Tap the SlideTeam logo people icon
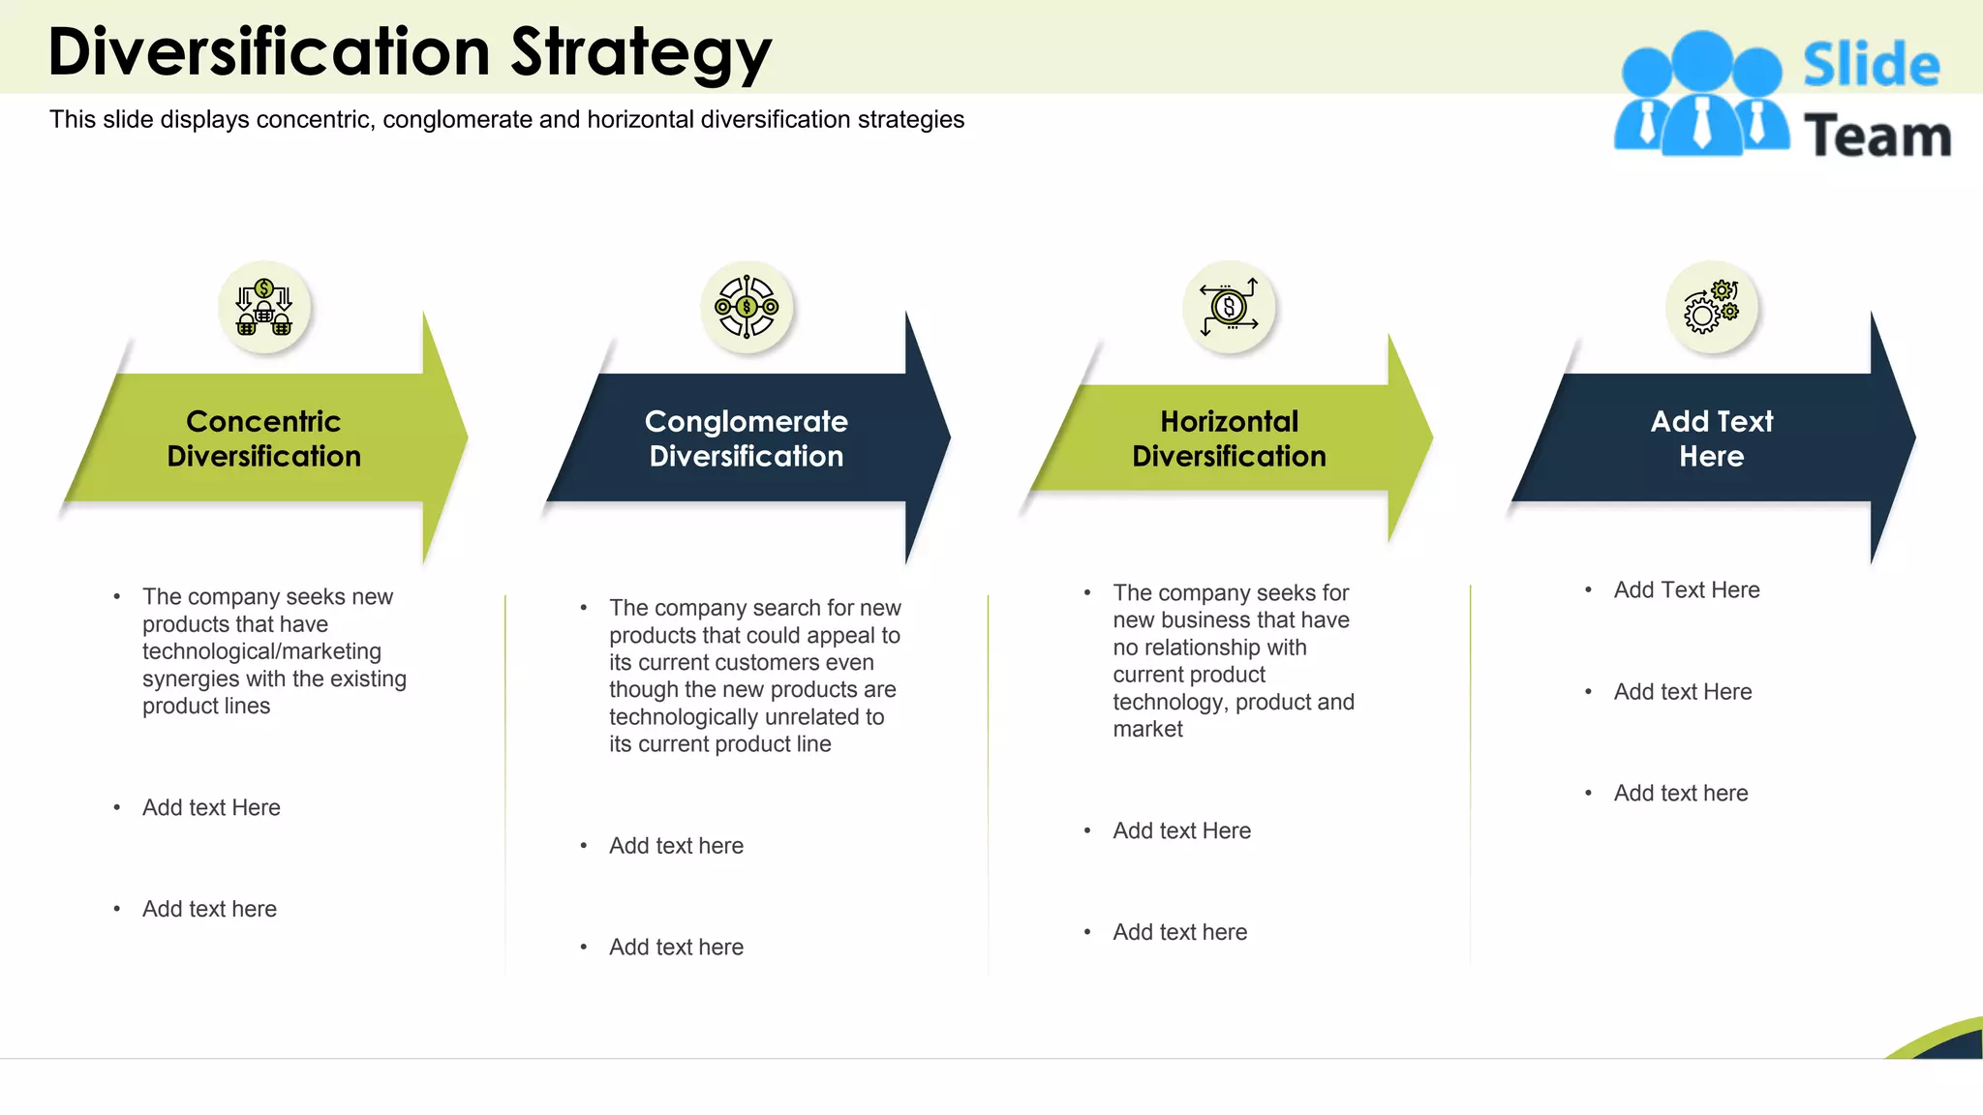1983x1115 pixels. (x=1701, y=95)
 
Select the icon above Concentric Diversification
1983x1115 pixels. (x=264, y=307)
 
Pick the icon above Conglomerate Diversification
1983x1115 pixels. (x=747, y=307)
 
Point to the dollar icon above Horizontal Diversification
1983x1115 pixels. (x=1229, y=308)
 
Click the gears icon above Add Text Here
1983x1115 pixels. (x=1711, y=307)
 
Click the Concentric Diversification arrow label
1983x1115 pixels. (x=263, y=438)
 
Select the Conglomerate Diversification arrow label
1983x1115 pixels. (x=746, y=438)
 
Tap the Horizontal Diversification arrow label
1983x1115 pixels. (x=1229, y=438)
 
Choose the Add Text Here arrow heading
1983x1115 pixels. (x=1711, y=438)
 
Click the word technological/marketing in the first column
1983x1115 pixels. (x=261, y=651)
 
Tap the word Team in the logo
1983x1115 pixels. (x=1876, y=136)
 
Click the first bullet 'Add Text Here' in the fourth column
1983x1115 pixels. (x=1686, y=590)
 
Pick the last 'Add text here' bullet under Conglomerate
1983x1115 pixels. (x=676, y=948)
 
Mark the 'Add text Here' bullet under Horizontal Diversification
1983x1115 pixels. (x=1181, y=831)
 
